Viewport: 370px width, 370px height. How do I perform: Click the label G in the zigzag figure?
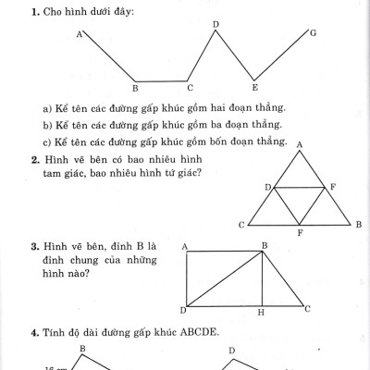click(314, 33)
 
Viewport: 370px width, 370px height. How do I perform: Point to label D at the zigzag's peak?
click(216, 23)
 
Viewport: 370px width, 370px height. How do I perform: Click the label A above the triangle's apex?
click(300, 143)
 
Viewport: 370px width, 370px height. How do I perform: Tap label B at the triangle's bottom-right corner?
click(358, 225)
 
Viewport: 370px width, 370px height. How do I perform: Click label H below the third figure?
click(261, 313)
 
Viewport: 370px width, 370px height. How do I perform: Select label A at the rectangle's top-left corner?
click(184, 245)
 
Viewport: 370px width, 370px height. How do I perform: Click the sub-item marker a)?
click(47, 108)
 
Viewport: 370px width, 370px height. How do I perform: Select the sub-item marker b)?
click(47, 125)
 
